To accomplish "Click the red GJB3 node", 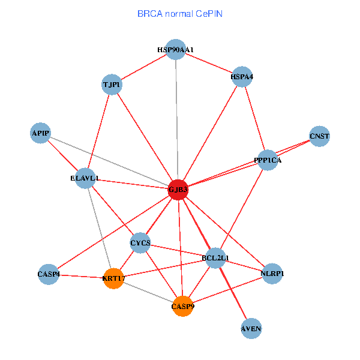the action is pyautogui.click(x=178, y=190).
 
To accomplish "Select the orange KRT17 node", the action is pyautogui.click(x=113, y=278).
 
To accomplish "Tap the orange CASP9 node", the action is pyautogui.click(x=182, y=306).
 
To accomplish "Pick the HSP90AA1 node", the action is pyautogui.click(x=175, y=50).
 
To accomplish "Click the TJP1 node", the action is pyautogui.click(x=112, y=85).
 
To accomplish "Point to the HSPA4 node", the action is pyautogui.click(x=242, y=76).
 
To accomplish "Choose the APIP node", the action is pyautogui.click(x=41, y=133).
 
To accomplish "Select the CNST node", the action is pyautogui.click(x=320, y=136).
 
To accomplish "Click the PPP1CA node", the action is pyautogui.click(x=268, y=160).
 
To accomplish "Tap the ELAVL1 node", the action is pyautogui.click(x=85, y=178).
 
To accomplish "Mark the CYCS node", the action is pyautogui.click(x=140, y=243).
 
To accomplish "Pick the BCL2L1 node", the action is pyautogui.click(x=215, y=258).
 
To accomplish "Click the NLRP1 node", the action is pyautogui.click(x=272, y=274).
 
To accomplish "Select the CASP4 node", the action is pyautogui.click(x=48, y=274).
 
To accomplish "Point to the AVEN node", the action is pyautogui.click(x=251, y=329).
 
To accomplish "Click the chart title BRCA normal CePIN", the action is pyautogui.click(x=180, y=13).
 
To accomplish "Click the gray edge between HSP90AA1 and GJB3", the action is pyautogui.click(x=176, y=120).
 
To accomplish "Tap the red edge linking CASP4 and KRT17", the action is pyautogui.click(x=80, y=276).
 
